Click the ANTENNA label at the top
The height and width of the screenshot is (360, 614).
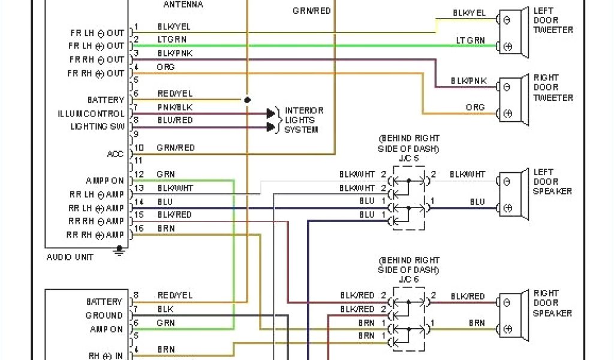tap(183, 5)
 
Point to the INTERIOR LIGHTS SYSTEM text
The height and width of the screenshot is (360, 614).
tap(303, 120)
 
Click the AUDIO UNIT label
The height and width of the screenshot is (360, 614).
tap(70, 257)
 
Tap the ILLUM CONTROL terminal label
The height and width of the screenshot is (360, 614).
tap(92, 113)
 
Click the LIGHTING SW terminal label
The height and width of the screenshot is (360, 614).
tap(98, 127)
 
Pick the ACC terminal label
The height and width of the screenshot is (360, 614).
tap(115, 154)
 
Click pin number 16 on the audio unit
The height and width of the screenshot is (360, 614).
tap(139, 229)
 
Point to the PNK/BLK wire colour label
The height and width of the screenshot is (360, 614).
tap(175, 107)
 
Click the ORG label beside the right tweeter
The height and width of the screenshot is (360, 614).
tap(475, 108)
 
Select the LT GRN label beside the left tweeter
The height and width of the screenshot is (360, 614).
tap(470, 41)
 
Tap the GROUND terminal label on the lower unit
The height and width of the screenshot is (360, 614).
tap(104, 316)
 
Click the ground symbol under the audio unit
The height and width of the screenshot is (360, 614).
tap(120, 250)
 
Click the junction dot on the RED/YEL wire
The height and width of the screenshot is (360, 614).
tap(247, 100)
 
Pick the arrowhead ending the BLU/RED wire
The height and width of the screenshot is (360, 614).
tap(271, 127)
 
